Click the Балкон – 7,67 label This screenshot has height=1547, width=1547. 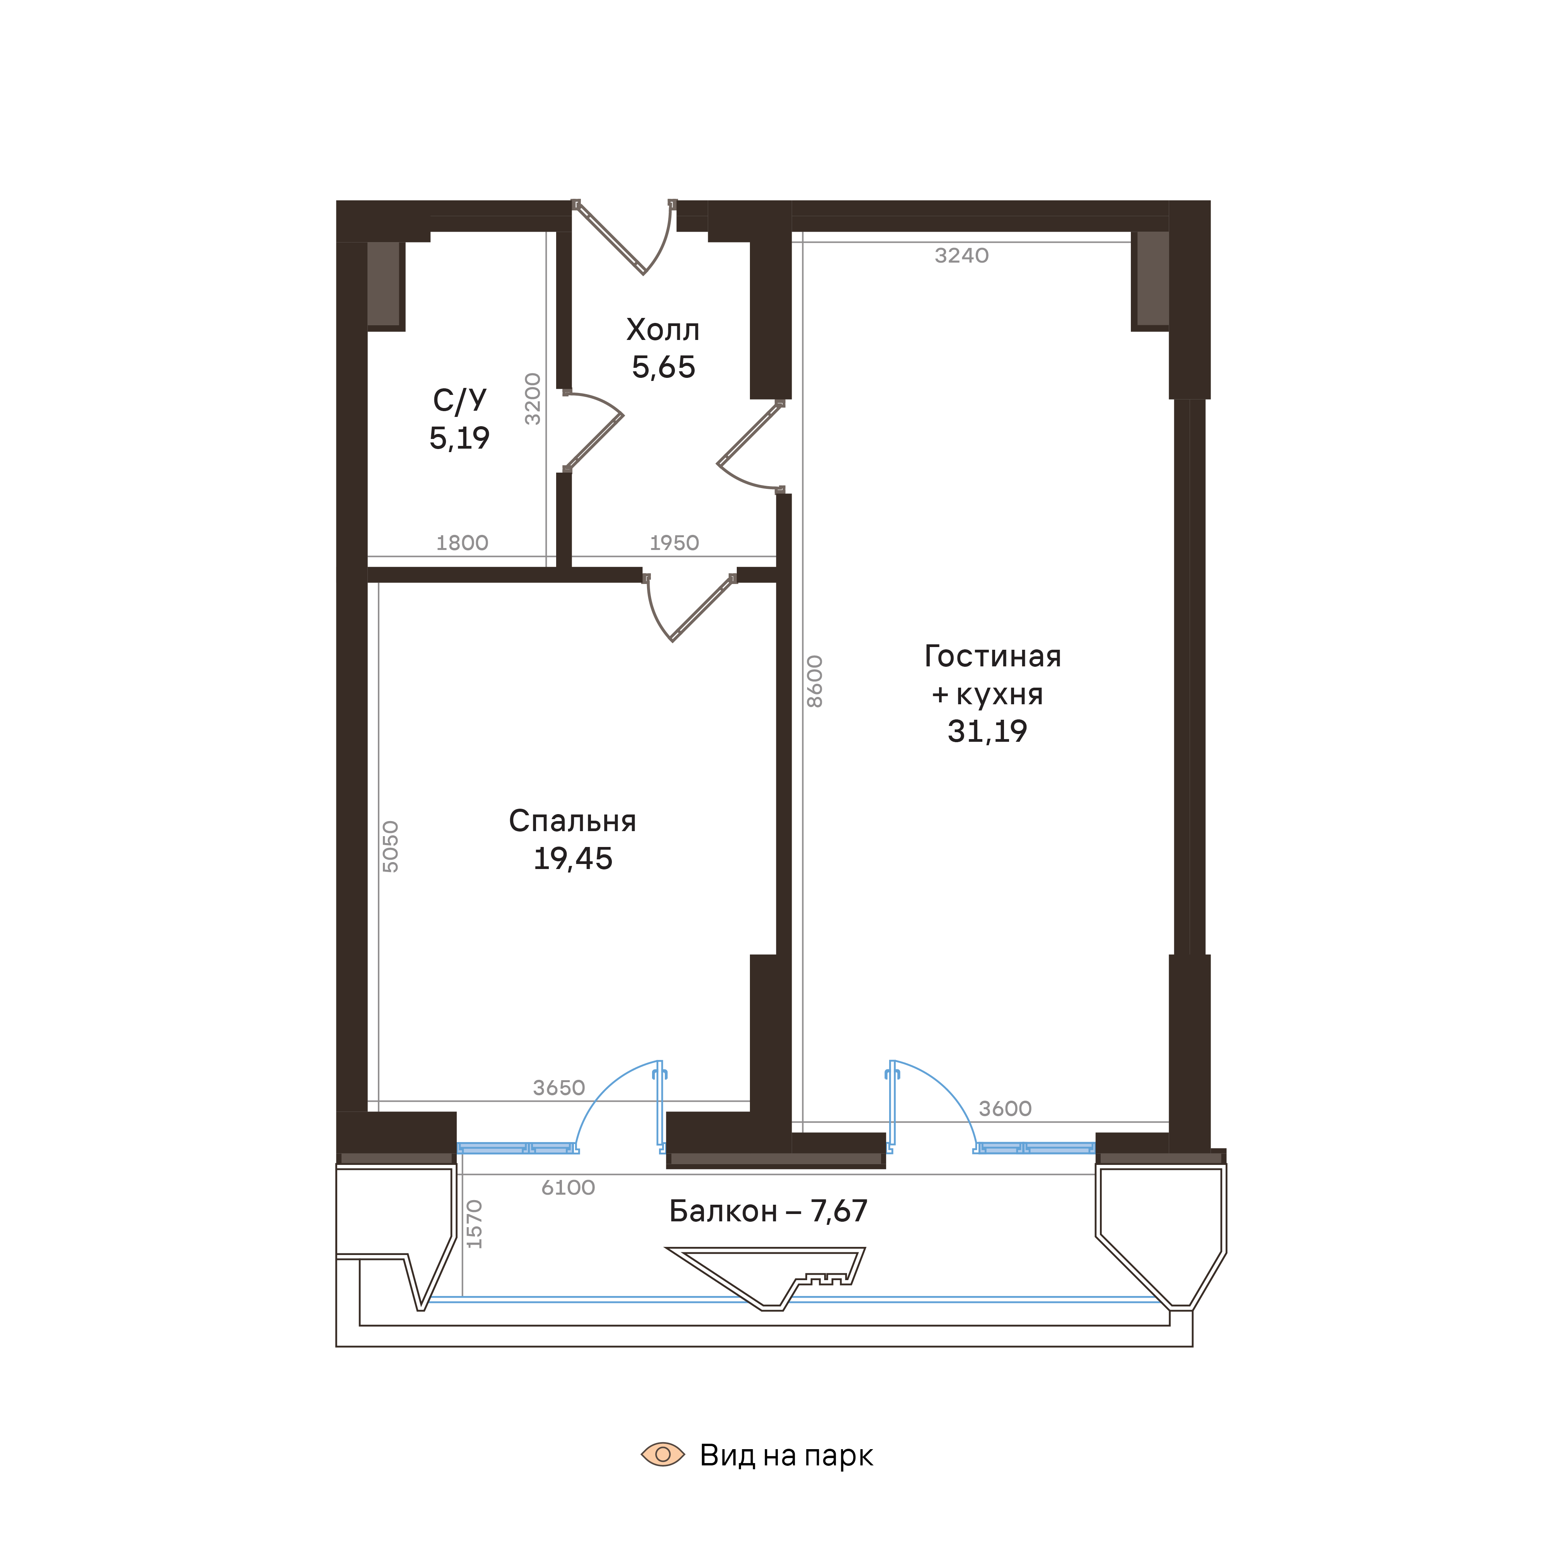point(768,1211)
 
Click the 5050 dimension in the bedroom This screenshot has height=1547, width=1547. point(390,846)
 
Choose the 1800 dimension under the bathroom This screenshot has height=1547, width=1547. point(462,543)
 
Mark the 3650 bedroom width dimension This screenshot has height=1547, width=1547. point(559,1088)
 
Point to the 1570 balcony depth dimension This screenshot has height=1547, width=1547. point(475,1224)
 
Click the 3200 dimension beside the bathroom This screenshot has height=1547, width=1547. point(533,399)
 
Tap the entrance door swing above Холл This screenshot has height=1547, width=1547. point(633,240)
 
